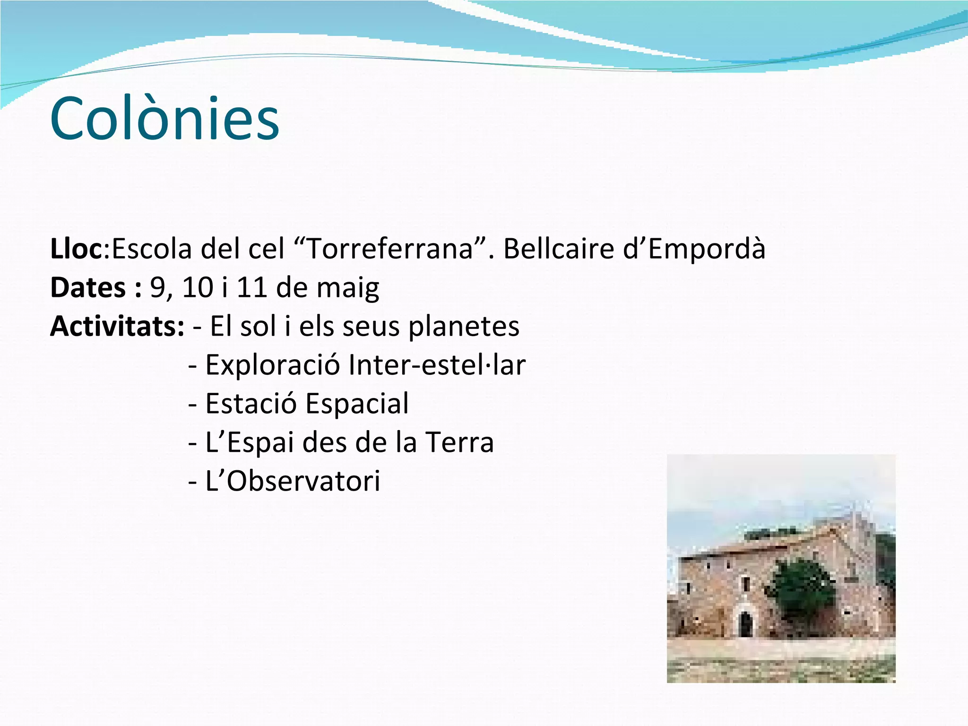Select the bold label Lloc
pos(76,249)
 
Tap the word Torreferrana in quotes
pos(390,249)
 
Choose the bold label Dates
pos(88,287)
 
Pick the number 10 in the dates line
pos(197,287)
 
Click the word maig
pos(347,288)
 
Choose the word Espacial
pos(357,404)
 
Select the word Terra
pos(459,442)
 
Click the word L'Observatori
pos(293,481)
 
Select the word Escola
pos(151,249)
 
